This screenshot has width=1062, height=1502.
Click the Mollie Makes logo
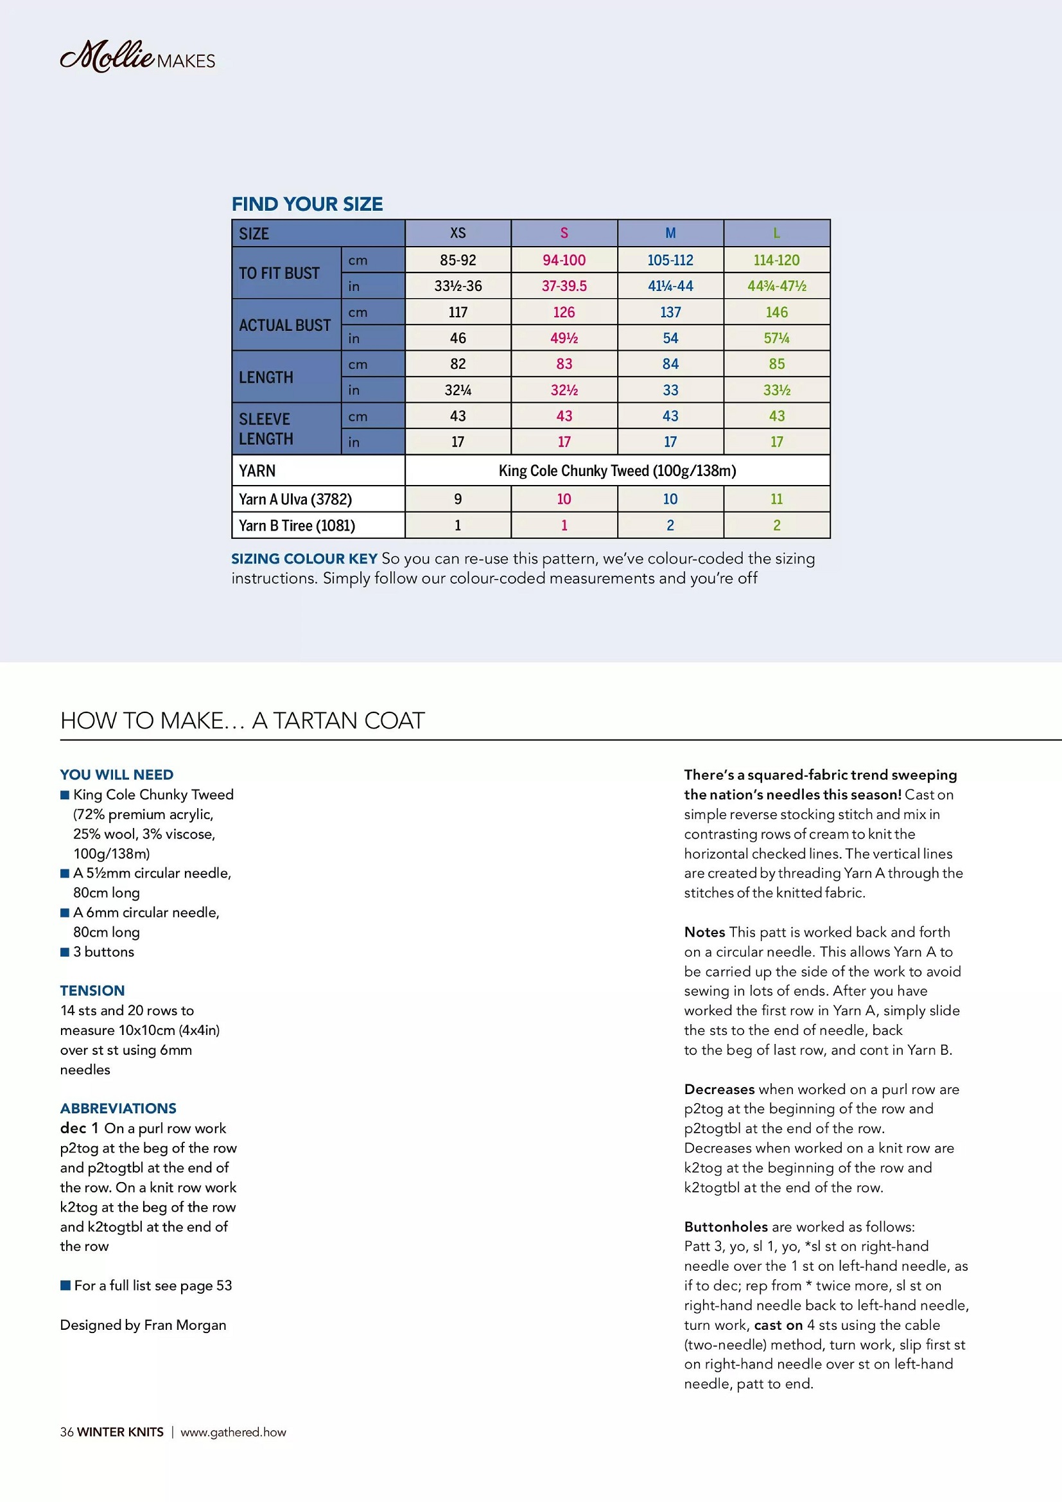(x=137, y=57)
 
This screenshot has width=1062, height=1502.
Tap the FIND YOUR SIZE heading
(x=307, y=204)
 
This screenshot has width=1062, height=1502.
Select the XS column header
(x=458, y=234)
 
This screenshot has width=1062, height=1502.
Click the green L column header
(x=776, y=234)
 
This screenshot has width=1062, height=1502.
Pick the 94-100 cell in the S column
(x=564, y=260)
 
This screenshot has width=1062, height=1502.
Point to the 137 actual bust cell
(x=670, y=313)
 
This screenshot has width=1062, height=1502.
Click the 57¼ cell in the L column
(x=776, y=338)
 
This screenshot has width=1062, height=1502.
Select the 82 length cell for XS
(x=458, y=364)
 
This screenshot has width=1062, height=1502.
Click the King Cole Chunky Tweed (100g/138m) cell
(x=616, y=471)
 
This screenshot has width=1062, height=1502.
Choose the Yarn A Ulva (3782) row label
(x=295, y=500)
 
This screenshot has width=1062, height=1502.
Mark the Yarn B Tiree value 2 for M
(x=670, y=526)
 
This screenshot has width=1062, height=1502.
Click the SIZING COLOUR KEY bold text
(x=304, y=559)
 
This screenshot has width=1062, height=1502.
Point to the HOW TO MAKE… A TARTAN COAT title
(x=243, y=721)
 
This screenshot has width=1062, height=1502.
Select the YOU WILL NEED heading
(x=116, y=775)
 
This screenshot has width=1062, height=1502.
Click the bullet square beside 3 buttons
(x=65, y=953)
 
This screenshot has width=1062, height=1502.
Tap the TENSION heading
(x=92, y=991)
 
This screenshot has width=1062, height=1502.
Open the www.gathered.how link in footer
(x=233, y=1432)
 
